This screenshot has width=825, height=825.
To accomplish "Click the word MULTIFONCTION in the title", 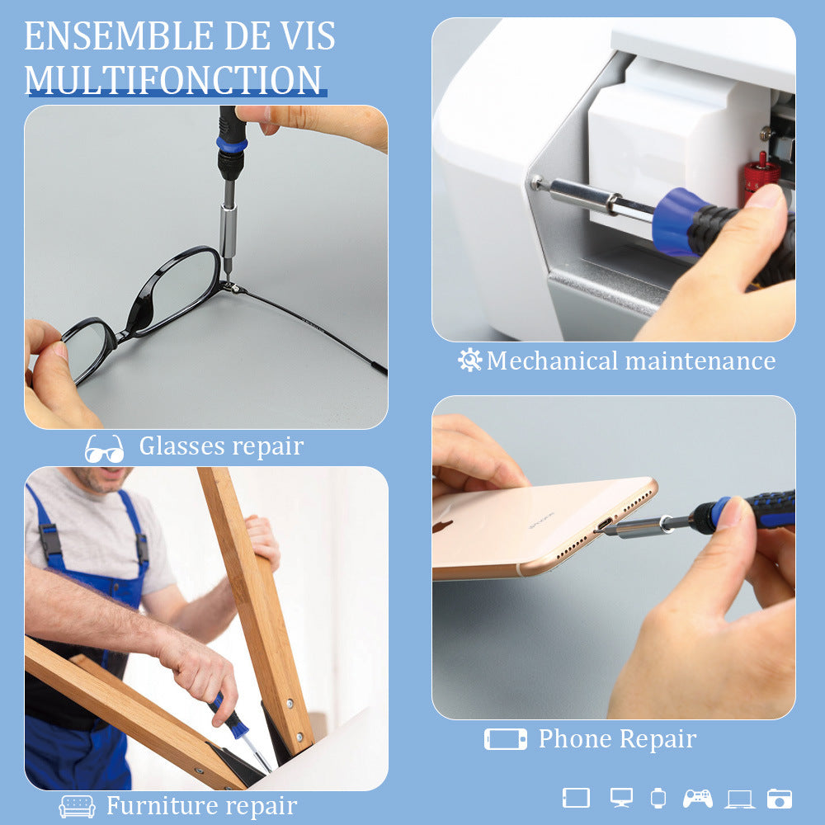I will click(x=173, y=80).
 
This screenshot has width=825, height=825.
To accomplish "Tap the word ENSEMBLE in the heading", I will click(x=107, y=37).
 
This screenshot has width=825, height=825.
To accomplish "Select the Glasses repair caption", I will click(x=221, y=446).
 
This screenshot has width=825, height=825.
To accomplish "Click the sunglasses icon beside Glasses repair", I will click(x=105, y=448).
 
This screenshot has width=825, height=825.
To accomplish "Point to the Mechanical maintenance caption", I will click(x=631, y=361).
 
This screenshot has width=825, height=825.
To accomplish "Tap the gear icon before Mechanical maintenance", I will click(x=469, y=360).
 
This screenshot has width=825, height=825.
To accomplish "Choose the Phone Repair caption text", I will click(x=617, y=738).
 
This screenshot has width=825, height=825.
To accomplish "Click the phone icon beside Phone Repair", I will click(x=505, y=739).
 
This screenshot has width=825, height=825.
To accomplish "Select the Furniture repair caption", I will click(x=201, y=805).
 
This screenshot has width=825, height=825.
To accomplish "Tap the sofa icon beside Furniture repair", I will click(x=78, y=806).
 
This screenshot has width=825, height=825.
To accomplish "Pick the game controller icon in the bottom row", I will click(x=698, y=798).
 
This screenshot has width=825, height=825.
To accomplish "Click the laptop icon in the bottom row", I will click(x=739, y=799).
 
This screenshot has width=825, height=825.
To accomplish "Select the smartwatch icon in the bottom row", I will click(x=658, y=798).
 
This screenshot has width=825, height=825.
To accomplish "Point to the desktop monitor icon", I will click(x=621, y=798).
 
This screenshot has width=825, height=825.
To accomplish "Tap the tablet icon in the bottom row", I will click(x=576, y=798).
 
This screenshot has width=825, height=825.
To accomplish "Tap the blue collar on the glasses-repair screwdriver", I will click(x=232, y=145).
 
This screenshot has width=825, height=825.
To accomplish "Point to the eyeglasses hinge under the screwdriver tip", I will click(x=231, y=287).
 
